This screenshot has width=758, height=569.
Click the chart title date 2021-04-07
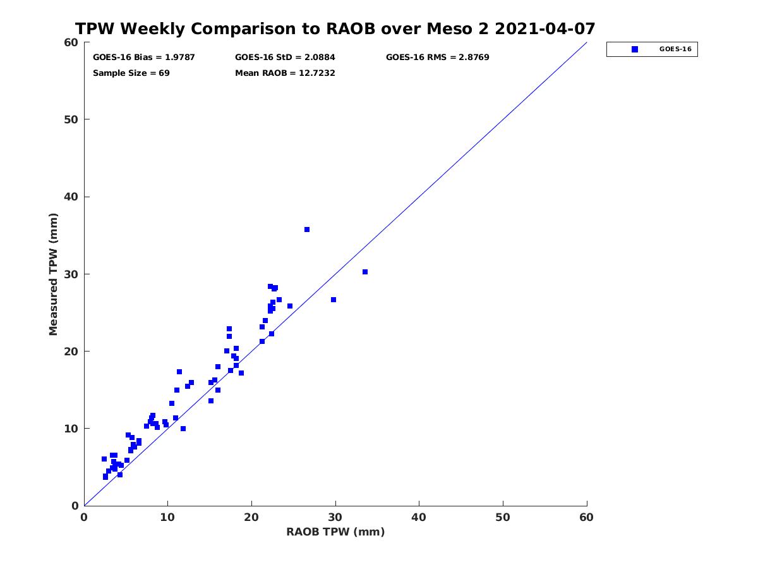[544, 28]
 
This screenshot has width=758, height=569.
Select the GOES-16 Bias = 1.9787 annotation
[143, 57]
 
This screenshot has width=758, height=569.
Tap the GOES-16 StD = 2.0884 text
[285, 57]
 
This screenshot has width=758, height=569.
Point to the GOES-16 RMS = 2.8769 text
[437, 57]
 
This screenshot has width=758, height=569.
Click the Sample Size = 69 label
[131, 73]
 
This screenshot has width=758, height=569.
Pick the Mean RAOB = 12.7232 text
[285, 73]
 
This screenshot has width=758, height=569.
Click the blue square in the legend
[634, 49]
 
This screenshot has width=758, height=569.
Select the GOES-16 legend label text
[675, 49]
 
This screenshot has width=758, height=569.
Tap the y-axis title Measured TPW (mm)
[53, 274]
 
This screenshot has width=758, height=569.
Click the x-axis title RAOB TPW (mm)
[335, 531]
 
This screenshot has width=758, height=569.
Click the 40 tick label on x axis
[419, 517]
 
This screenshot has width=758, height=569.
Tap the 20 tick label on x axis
[251, 517]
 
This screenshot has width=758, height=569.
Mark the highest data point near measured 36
[306, 229]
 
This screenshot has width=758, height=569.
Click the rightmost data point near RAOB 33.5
[364, 272]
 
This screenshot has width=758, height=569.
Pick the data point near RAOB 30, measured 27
[334, 300]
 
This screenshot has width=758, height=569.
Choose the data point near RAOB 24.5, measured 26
[290, 306]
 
